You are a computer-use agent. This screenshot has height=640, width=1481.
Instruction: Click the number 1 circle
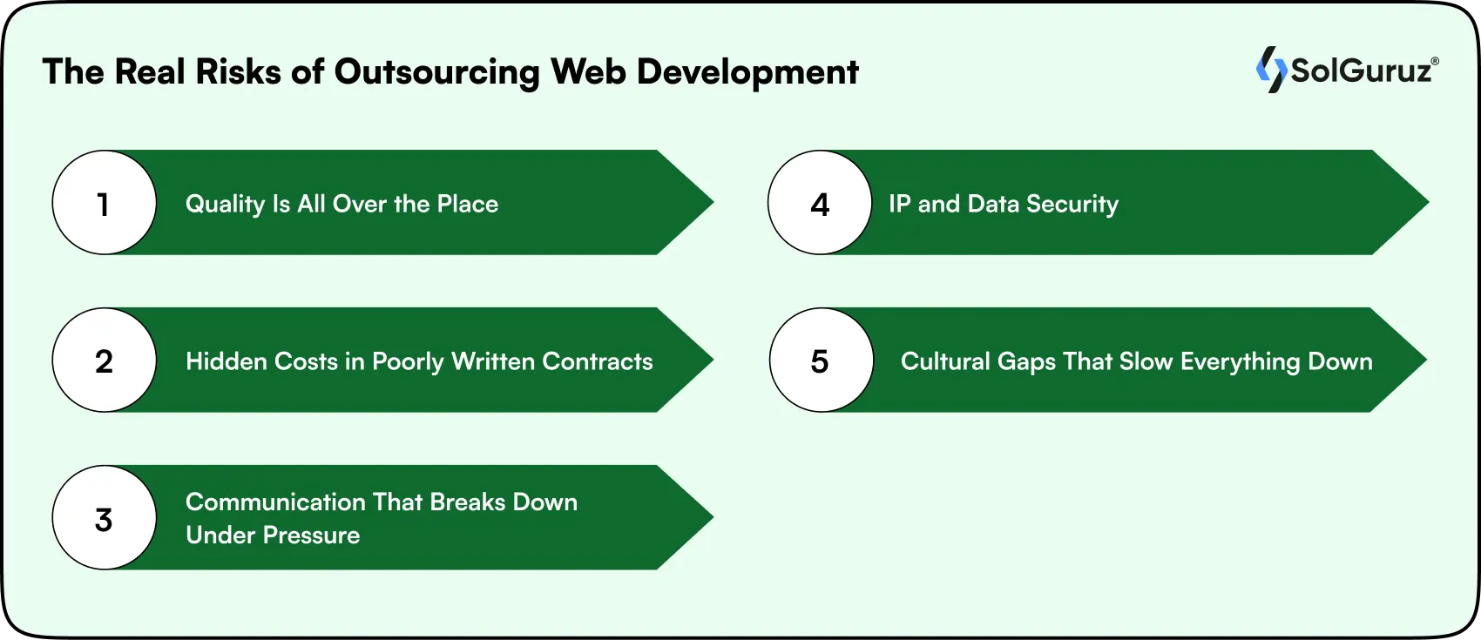105,203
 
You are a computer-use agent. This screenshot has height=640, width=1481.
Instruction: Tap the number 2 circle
105,360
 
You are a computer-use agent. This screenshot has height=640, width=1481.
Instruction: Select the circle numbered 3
105,518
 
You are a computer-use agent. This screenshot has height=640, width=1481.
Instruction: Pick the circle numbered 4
820,203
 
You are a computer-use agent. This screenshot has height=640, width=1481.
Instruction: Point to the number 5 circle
821,360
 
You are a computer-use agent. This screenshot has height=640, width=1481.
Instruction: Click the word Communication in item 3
275,502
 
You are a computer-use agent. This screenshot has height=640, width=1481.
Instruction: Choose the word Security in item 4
1072,205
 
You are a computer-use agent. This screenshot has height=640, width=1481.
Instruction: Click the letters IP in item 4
899,204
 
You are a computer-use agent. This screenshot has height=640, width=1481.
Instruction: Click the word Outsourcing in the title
436,72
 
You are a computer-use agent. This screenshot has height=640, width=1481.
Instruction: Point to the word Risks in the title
238,72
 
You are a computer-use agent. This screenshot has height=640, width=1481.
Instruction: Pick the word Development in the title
747,73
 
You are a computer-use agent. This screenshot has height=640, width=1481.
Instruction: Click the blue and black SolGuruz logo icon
1271,70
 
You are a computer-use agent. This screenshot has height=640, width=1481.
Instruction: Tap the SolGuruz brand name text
1361,71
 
